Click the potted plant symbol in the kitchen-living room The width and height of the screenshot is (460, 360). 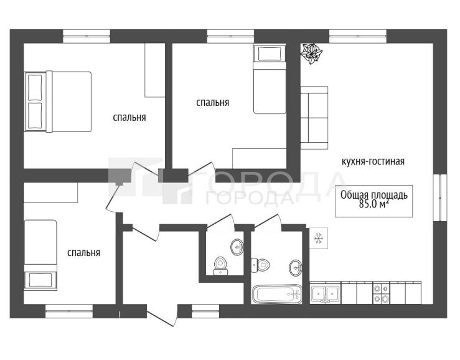click(x=311, y=53)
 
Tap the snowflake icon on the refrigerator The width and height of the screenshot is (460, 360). click(x=318, y=238)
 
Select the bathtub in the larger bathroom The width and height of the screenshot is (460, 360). click(x=277, y=293)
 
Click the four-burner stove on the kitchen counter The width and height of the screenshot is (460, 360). click(x=381, y=293)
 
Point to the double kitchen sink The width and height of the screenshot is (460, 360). click(x=326, y=293)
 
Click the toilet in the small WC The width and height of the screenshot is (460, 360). click(x=220, y=265)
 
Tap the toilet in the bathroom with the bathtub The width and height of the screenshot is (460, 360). click(x=261, y=265)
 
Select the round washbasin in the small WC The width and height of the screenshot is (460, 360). click(x=237, y=247)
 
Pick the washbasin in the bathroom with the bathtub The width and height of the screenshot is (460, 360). click(x=296, y=267)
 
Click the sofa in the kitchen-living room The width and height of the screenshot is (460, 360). click(x=314, y=118)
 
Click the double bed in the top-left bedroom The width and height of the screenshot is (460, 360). click(x=58, y=102)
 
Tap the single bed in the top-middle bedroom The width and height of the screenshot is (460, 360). click(x=270, y=78)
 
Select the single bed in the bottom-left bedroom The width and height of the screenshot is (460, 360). click(x=40, y=255)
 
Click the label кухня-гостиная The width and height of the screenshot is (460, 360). click(x=373, y=161)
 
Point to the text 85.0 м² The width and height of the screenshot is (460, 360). click(x=373, y=204)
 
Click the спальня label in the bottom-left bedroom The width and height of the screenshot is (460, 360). click(x=83, y=252)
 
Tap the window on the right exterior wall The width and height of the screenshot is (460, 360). click(x=439, y=197)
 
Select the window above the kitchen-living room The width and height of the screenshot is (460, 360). click(x=358, y=36)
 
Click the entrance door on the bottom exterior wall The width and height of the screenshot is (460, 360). click(x=163, y=315)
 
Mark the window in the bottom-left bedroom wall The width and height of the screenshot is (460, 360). click(x=69, y=311)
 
